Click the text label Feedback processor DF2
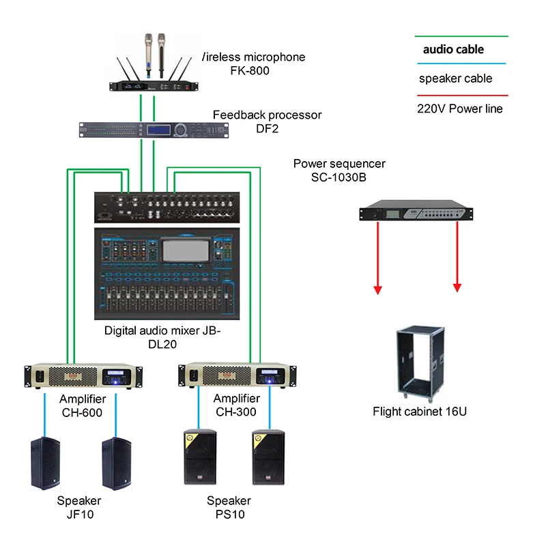(267, 121)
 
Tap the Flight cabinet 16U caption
(420, 412)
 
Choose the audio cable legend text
(453, 49)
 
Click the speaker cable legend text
(455, 78)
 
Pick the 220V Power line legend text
(459, 109)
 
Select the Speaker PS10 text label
(229, 508)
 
